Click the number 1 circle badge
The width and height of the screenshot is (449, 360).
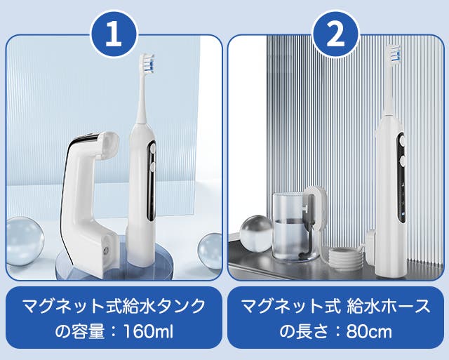point(114,34)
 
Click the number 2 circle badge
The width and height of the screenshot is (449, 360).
point(335,34)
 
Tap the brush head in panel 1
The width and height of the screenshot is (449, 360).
point(147,62)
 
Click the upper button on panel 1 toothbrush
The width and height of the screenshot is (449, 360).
point(152,148)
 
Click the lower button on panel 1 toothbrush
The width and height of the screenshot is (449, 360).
point(152,166)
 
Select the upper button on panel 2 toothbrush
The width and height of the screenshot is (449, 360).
point(402,140)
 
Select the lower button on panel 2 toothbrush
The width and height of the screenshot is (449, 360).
point(402,161)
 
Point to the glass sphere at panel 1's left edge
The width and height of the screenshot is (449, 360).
point(25,241)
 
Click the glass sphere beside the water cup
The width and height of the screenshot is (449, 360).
point(255,234)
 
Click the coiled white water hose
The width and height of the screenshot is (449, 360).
point(344,260)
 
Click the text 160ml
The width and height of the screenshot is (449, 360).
point(148,332)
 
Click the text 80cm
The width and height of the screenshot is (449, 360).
point(369,332)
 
